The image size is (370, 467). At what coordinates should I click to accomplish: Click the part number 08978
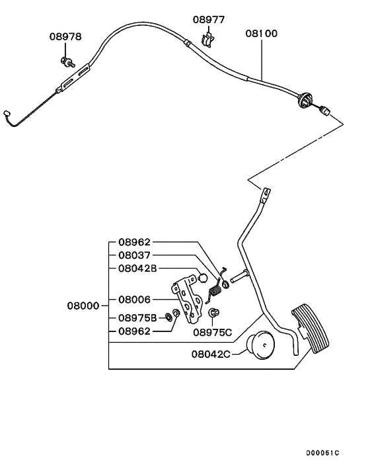click(x=65, y=36)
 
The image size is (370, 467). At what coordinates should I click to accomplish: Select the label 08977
click(x=209, y=20)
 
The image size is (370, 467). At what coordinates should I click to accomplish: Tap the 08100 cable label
click(x=261, y=32)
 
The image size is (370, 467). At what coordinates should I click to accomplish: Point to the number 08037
click(x=134, y=255)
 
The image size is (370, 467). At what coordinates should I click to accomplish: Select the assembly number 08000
click(x=83, y=306)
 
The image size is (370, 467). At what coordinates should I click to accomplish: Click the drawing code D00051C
click(x=322, y=452)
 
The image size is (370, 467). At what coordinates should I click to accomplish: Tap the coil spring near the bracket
click(x=214, y=288)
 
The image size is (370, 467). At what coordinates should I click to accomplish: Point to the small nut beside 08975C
click(x=213, y=313)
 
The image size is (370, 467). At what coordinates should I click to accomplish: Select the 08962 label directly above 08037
click(x=134, y=242)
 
